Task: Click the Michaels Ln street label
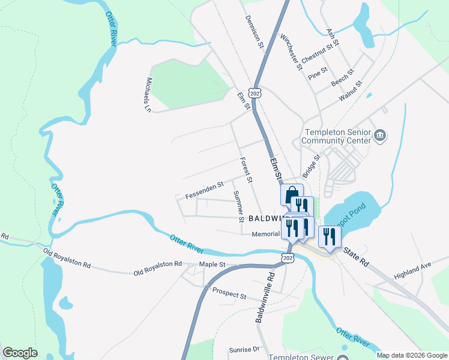pyautogui.click(x=148, y=95)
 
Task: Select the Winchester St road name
pyautogui.click(x=291, y=52)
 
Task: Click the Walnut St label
pyautogui.click(x=351, y=91)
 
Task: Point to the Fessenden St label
pyautogui.click(x=204, y=191)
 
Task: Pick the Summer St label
pyautogui.click(x=237, y=204)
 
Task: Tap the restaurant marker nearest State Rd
pyautogui.click(x=329, y=236)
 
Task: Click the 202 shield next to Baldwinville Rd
pyautogui.click(x=287, y=257)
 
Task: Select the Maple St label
pyautogui.click(x=212, y=264)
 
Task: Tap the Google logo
pyautogui.click(x=20, y=353)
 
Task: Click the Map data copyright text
pyautogui.click(x=411, y=355)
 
